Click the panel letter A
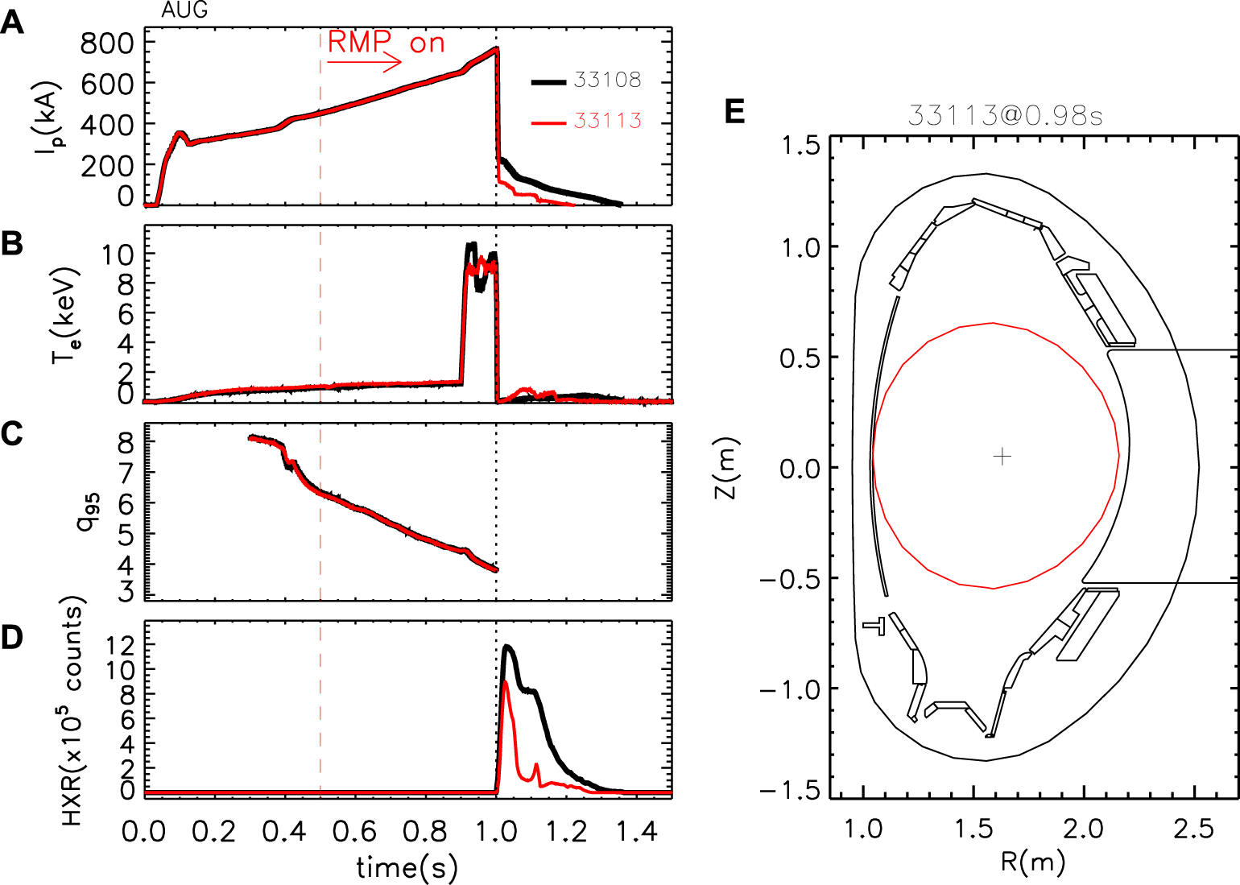[12, 23]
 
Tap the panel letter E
[734, 112]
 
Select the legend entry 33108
[607, 80]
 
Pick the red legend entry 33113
[607, 121]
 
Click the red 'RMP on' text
[386, 42]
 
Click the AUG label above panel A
[184, 10]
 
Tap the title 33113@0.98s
[1005, 115]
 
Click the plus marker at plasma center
[1002, 457]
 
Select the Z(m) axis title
[726, 468]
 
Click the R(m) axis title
[1033, 862]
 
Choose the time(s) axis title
[407, 866]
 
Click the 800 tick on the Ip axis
[106, 43]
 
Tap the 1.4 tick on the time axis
[637, 830]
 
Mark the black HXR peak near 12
[507, 646]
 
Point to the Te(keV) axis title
[64, 314]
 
